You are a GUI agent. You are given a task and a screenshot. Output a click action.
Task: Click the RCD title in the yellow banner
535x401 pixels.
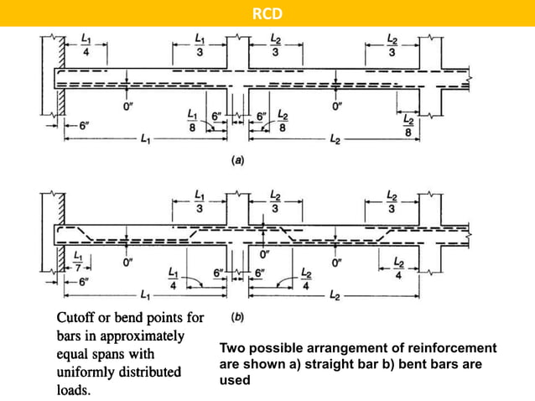pos(267,13)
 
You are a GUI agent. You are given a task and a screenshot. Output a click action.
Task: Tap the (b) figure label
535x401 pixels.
pos(237,318)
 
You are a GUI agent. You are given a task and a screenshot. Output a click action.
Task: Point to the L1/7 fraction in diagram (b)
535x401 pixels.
pos(79,258)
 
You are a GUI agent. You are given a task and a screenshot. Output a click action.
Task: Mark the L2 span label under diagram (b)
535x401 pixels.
pos(335,297)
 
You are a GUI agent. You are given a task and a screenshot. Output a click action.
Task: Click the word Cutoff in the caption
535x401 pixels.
pos(76,319)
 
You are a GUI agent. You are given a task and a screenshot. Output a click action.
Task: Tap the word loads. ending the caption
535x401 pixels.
pos(72,389)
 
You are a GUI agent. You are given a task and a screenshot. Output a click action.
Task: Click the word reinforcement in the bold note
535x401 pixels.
pos(448,347)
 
